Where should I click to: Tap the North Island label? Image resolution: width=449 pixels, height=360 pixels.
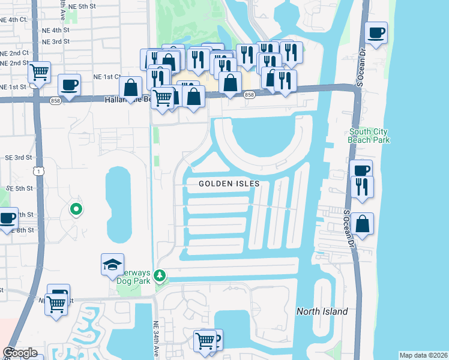coord(322,311)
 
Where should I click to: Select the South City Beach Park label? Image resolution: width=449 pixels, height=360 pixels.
coord(369,136)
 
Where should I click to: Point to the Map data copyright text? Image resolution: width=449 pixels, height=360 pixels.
coord(423,355)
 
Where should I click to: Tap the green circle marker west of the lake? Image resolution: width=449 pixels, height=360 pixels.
coord(76,209)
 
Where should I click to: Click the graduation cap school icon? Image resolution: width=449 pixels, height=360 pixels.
coord(112,265)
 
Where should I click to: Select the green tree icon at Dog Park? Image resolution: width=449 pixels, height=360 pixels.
coord(159,276)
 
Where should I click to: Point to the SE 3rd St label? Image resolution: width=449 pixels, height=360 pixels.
coord(19,157)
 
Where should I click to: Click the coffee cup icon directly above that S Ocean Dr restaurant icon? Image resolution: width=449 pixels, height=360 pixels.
coord(362,170)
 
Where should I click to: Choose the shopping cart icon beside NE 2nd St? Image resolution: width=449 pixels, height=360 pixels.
coord(39,73)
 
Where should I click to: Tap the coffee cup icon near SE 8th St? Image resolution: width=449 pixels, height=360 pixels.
coord(7,218)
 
